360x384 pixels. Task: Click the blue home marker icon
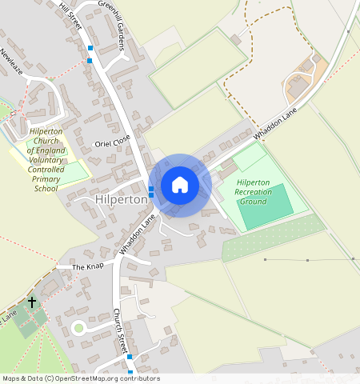[x=180, y=185]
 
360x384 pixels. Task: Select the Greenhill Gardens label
[x=111, y=24]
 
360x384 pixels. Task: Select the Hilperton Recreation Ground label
[x=253, y=192]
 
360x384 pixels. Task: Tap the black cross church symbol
[x=32, y=302]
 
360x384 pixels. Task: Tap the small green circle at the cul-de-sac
[x=78, y=326]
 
